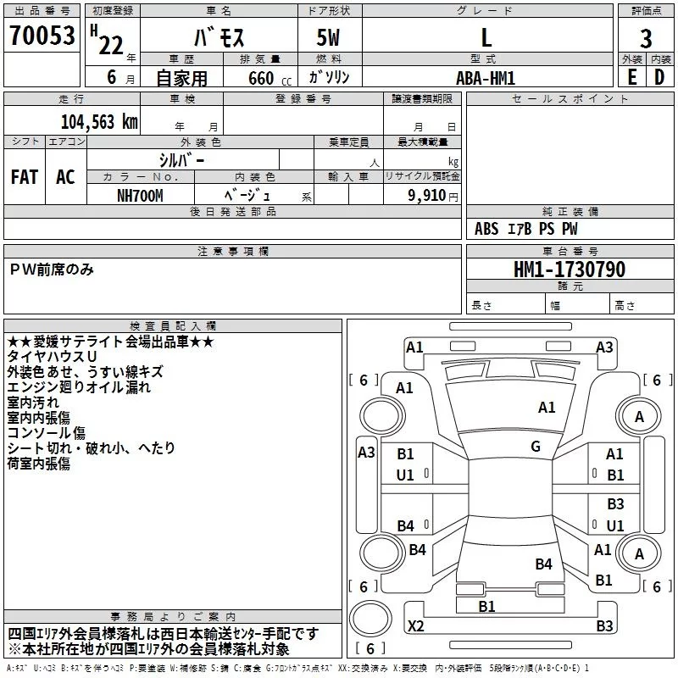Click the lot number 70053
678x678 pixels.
[42, 36]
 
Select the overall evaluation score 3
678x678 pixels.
[646, 38]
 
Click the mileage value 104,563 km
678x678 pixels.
[99, 121]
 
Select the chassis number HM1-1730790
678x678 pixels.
[570, 270]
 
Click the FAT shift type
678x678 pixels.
[25, 177]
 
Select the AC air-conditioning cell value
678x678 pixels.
[65, 177]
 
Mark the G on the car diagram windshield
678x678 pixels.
[536, 447]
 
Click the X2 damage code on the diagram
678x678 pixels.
[415, 626]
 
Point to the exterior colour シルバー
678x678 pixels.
[182, 159]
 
